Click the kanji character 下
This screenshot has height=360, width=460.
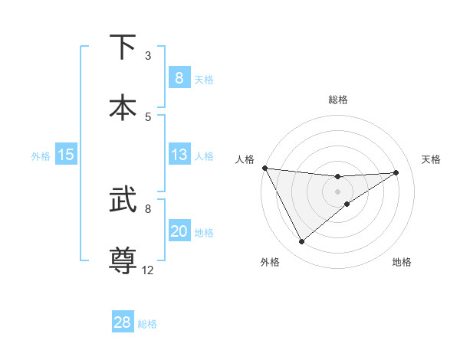coord(123,47)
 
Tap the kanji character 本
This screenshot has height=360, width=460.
coord(123,107)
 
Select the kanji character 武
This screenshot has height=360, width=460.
coord(123,201)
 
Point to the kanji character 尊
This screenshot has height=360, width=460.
coord(123,260)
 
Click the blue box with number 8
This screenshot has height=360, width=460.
coord(179,77)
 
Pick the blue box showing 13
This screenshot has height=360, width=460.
coord(179,155)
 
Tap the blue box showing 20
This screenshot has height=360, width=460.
coord(179,231)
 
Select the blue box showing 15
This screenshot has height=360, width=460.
coord(66,155)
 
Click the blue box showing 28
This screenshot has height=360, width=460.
coord(123,322)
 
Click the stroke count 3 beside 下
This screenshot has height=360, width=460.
coord(148,56)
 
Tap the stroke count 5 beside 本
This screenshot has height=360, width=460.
coord(148,116)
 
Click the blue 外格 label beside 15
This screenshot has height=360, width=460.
coord(41,155)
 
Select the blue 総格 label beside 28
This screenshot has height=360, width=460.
coord(147,323)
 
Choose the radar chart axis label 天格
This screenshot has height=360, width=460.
coord(431,159)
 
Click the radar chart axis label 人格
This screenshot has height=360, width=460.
coord(245,159)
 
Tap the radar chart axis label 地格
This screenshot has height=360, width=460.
coord(402,262)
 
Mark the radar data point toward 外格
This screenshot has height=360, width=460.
coord(301,242)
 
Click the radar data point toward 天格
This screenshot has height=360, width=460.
coord(396,172)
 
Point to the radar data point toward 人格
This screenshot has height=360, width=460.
coord(264,168)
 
